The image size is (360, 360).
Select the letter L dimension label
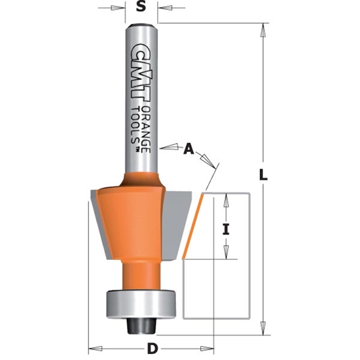click(264, 175)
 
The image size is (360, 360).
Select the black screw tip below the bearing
click(139, 324)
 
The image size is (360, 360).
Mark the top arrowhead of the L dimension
click(264, 28)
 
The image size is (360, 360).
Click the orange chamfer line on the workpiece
click(192, 226)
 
